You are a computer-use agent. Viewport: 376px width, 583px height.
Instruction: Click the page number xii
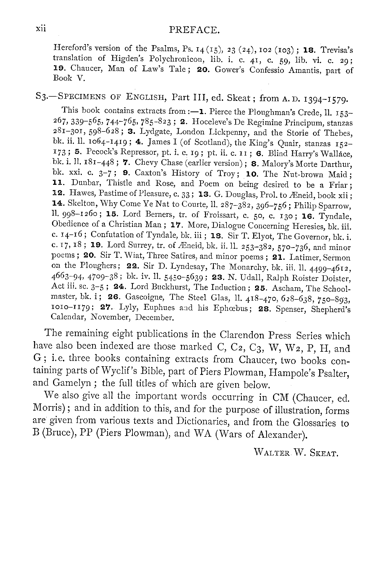click(41, 28)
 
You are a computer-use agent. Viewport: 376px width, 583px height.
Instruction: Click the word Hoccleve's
click(210, 122)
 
